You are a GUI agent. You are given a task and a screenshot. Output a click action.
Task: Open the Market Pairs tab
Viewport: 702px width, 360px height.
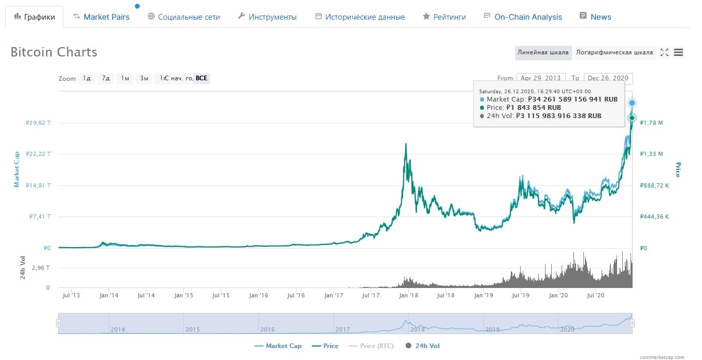106,17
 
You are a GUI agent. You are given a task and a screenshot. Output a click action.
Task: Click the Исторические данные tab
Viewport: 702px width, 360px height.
365,17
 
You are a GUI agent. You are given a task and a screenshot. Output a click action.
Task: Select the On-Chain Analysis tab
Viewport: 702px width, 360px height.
528,17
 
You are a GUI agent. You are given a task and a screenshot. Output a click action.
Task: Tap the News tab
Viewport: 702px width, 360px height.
600,17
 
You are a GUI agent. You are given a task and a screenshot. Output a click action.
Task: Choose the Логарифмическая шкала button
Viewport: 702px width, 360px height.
614,52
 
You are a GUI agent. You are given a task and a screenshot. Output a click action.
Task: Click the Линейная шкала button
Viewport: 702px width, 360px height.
543,52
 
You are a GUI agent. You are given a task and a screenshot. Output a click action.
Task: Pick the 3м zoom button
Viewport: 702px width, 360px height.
144,79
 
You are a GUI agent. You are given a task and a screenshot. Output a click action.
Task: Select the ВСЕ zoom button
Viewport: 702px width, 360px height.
202,79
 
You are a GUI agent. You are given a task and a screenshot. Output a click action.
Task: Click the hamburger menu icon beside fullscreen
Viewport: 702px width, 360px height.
678,52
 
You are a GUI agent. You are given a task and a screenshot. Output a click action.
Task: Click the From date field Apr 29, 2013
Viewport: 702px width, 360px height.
540,78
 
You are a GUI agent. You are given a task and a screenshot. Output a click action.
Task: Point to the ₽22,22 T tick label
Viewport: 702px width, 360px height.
38,154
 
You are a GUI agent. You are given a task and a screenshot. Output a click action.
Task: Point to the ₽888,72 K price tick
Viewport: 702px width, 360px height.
654,185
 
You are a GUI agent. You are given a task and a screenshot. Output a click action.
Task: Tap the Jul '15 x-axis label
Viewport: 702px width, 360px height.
221,295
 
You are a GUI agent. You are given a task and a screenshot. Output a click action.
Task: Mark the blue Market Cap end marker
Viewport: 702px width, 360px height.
632,103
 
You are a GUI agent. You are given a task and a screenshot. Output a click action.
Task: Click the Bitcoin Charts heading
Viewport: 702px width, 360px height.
54,52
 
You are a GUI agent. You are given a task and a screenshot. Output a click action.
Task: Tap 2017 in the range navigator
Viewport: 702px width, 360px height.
342,329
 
